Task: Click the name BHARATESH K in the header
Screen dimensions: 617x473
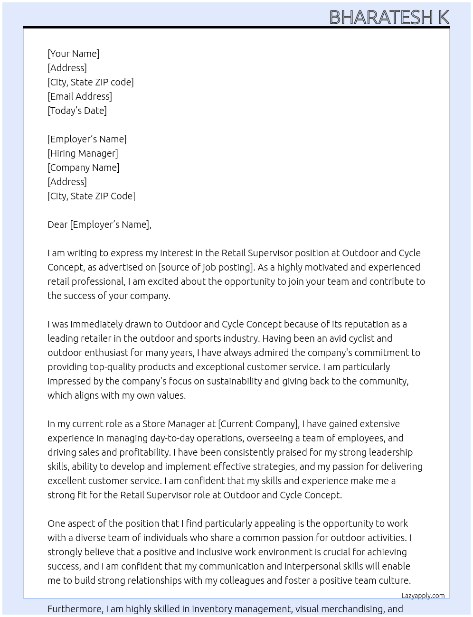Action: click(x=389, y=17)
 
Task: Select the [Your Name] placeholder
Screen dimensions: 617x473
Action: click(x=74, y=54)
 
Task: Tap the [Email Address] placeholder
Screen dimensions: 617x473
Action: click(x=80, y=96)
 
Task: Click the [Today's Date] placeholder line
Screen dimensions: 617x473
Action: click(x=77, y=111)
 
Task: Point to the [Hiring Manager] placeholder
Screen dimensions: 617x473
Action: click(x=83, y=153)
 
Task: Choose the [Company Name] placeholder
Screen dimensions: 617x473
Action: click(x=84, y=168)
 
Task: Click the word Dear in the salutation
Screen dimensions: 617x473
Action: click(x=57, y=224)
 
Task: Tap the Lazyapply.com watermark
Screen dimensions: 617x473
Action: click(x=423, y=596)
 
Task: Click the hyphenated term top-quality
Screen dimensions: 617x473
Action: click(x=124, y=367)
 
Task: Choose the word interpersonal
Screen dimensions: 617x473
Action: click(x=314, y=566)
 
